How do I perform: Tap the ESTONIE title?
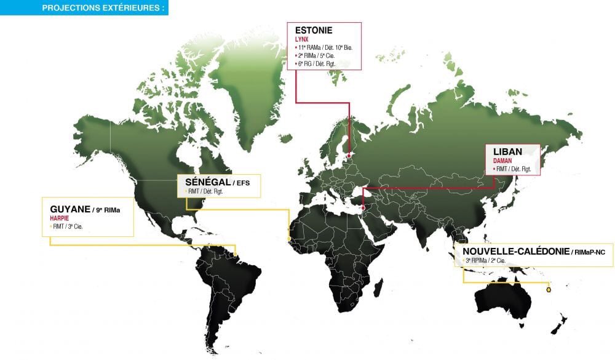[314, 30]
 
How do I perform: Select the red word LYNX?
[302, 39]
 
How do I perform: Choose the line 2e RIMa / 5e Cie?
[317, 55]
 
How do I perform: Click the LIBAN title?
[507, 151]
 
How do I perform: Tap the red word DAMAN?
[503, 160]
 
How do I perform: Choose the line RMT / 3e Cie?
[69, 226]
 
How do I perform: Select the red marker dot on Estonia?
[349, 156]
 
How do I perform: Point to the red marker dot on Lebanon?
[363, 208]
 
